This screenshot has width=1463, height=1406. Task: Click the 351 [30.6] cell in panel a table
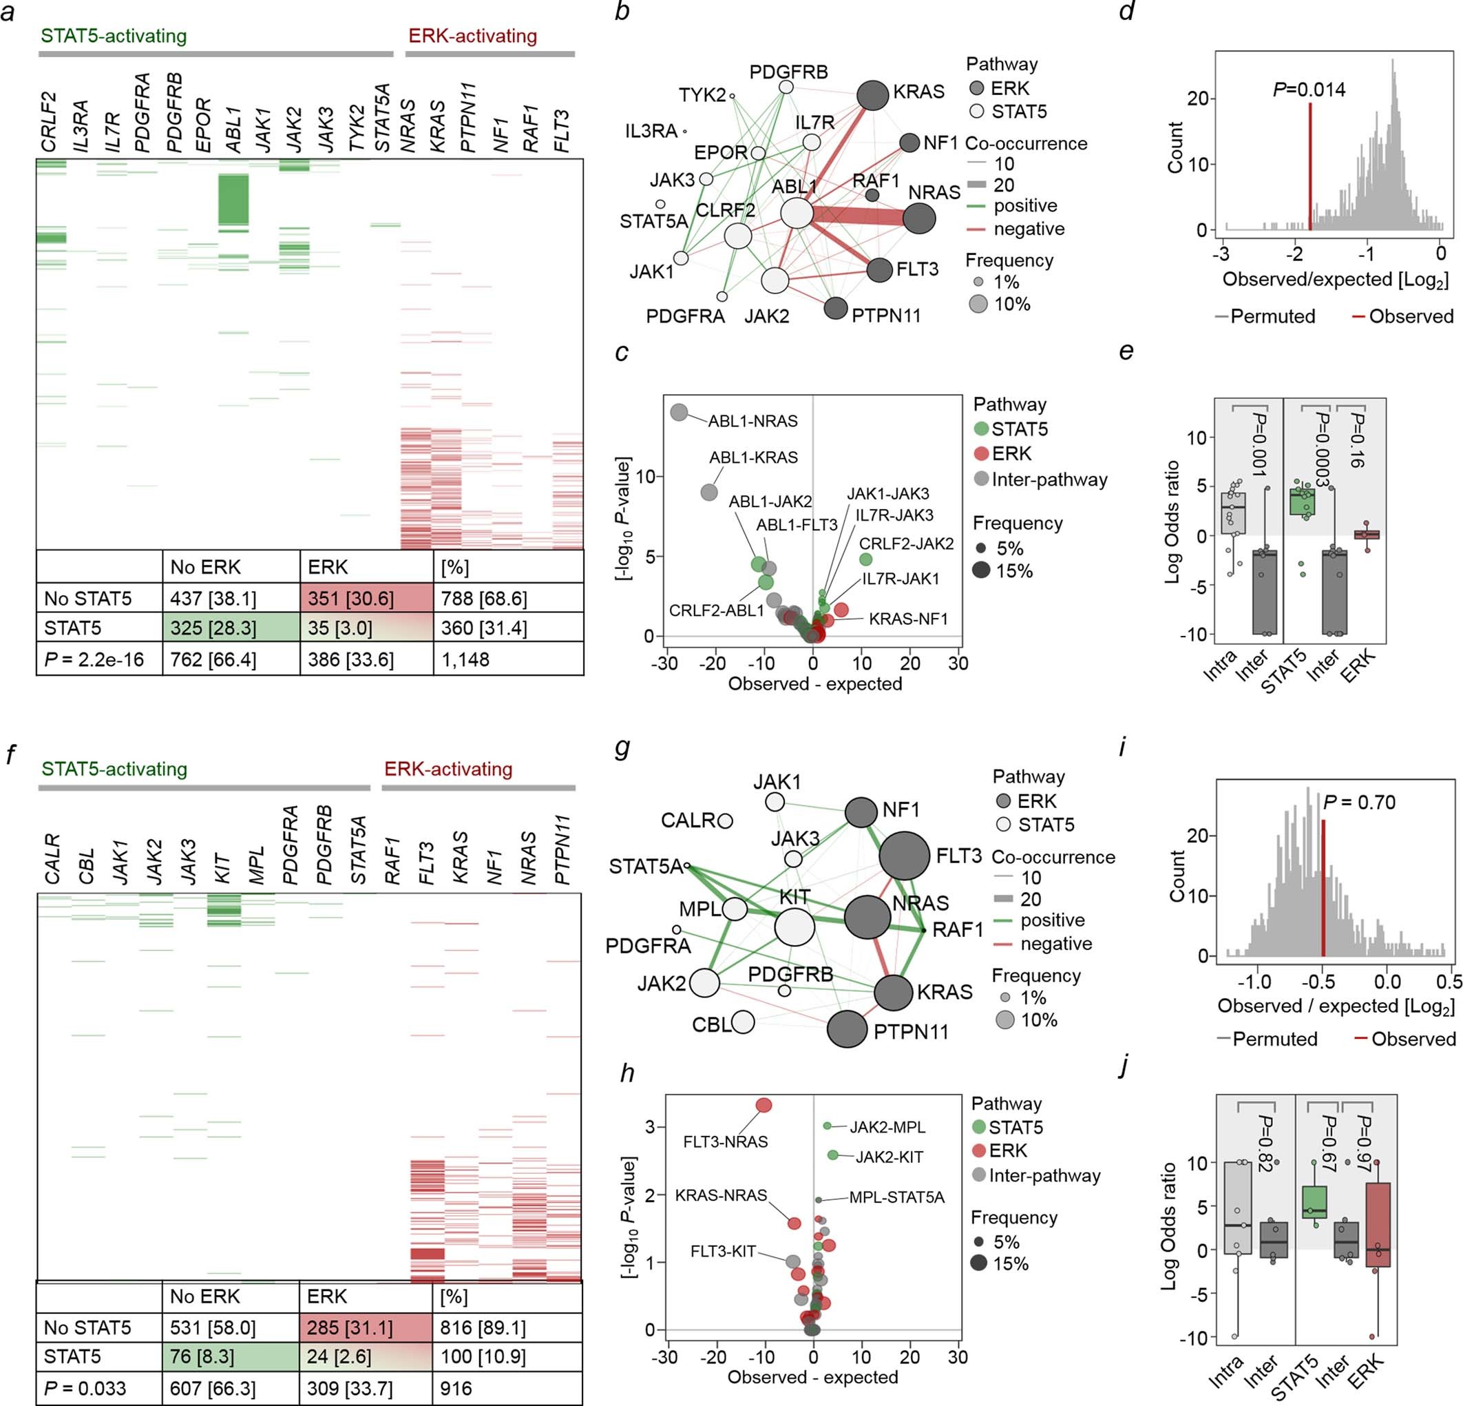(x=366, y=598)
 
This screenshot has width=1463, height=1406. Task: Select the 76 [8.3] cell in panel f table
(x=231, y=1356)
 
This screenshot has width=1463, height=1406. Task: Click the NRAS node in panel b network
(x=919, y=219)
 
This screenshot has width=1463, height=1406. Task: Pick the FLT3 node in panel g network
(x=904, y=856)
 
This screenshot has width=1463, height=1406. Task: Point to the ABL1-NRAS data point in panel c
(x=680, y=412)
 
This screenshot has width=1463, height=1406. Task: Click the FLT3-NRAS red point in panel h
(x=764, y=1105)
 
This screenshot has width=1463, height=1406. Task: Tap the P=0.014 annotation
(x=1309, y=90)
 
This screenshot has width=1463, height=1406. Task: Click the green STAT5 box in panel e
(x=1303, y=501)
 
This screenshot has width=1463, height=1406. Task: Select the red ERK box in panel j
(x=1378, y=1225)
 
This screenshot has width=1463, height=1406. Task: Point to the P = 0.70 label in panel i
(x=1359, y=803)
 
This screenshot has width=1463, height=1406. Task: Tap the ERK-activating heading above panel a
(x=472, y=36)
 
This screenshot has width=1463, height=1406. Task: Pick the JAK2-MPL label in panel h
(x=887, y=1127)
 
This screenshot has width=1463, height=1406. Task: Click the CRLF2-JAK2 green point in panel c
(x=865, y=559)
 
